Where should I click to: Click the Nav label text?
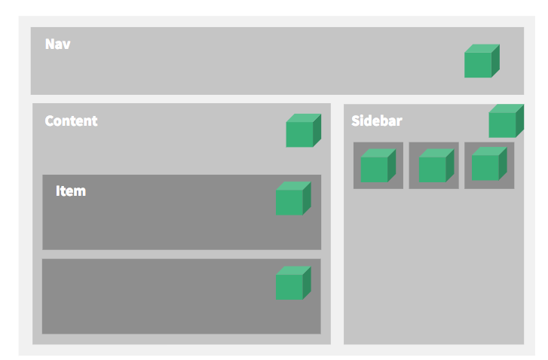click(58, 44)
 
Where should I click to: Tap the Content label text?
click(71, 121)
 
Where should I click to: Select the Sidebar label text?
click(377, 121)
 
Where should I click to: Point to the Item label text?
click(71, 191)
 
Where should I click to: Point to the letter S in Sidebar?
click(356, 121)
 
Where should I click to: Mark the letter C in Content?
click(49, 121)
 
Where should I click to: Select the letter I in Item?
click(58, 191)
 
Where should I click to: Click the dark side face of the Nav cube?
click(495, 60)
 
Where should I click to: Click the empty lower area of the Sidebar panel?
click(433, 271)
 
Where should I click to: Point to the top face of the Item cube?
click(293, 185)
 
